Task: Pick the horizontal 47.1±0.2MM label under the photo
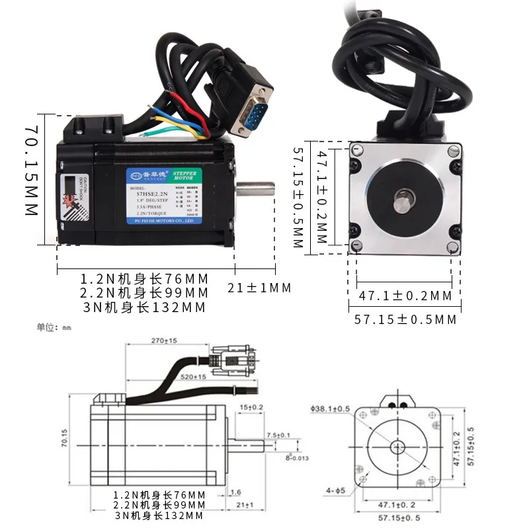pyautogui.click(x=405, y=296)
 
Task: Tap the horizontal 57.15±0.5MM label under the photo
pyautogui.click(x=404, y=319)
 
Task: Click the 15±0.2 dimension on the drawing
pyautogui.click(x=253, y=407)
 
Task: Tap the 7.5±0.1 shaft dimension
pyautogui.click(x=277, y=434)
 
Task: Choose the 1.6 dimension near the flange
pyautogui.click(x=235, y=493)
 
